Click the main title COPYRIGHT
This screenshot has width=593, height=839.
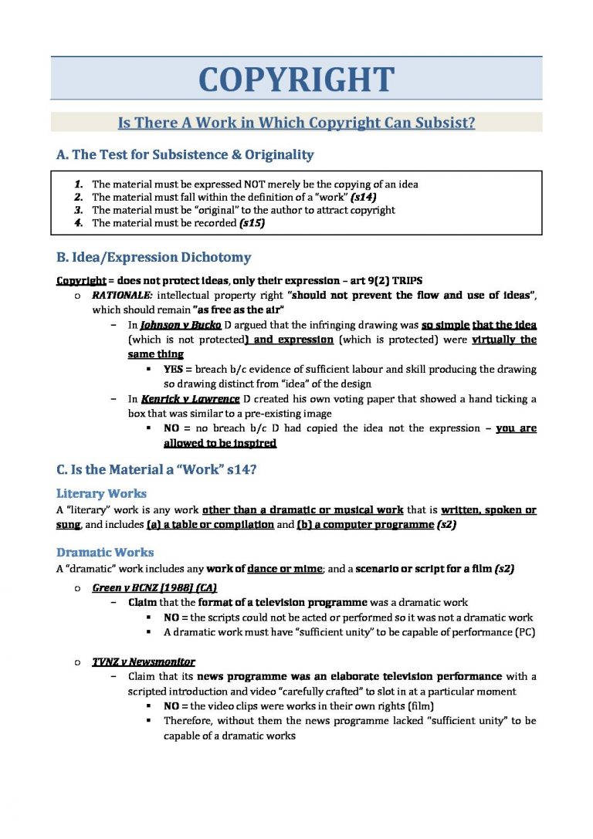point(296,80)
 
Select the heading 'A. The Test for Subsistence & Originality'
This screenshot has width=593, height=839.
point(185,154)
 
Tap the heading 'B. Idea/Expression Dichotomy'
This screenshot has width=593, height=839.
point(154,257)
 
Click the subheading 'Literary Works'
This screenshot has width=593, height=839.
point(101,493)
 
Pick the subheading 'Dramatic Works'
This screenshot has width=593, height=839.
point(105,553)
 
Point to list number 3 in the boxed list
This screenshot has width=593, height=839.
point(79,210)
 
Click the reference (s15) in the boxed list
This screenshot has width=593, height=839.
point(252,223)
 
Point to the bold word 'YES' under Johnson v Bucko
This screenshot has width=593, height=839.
point(174,370)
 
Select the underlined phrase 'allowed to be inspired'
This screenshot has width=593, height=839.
point(220,444)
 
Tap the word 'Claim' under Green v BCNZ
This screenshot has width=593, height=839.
point(143,602)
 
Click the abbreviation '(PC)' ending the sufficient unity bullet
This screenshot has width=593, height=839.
point(525,632)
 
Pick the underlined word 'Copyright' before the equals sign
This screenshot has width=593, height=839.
point(81,280)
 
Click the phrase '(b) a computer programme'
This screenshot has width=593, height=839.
point(365,525)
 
